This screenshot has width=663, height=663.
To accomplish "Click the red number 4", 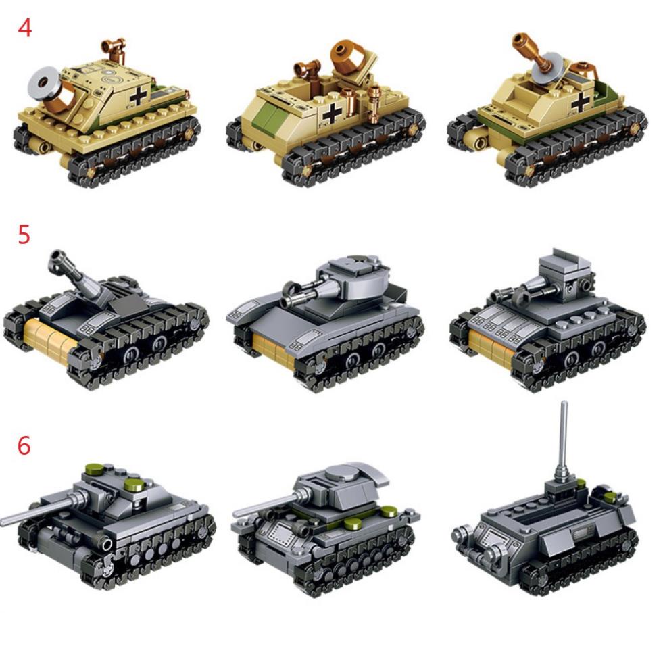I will [x=24, y=28].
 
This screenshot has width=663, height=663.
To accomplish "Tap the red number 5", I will [x=24, y=235].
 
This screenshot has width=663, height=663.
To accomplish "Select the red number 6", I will [x=24, y=445].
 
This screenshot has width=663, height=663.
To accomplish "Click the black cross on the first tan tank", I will [x=138, y=95].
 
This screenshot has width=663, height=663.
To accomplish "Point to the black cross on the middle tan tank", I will [x=332, y=113].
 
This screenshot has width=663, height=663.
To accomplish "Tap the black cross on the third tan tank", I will [x=579, y=101].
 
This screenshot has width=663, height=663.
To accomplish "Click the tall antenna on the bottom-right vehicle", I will [x=564, y=439].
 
